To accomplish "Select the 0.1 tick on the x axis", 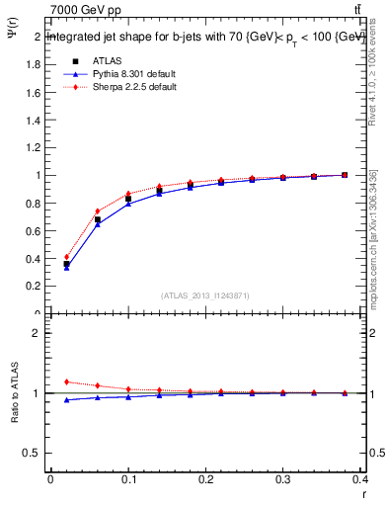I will pyautogui.click(x=128, y=480).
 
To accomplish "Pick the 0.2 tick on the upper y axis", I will pyautogui.click(x=34, y=287).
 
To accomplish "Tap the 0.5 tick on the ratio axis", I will pyautogui.click(x=34, y=453).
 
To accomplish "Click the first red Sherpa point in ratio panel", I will pyautogui.click(x=66, y=381).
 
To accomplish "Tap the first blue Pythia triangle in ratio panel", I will pyautogui.click(x=66, y=399).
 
